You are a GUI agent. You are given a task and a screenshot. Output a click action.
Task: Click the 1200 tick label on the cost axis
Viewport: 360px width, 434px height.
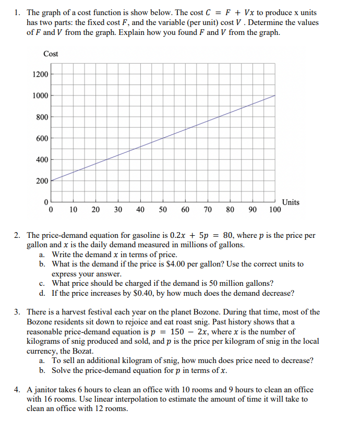41,74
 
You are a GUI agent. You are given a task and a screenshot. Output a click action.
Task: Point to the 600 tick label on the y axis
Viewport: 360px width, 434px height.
43,138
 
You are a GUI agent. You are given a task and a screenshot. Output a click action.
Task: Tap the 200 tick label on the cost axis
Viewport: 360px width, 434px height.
43,181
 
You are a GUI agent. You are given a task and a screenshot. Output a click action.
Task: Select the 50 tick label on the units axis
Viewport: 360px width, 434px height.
163,210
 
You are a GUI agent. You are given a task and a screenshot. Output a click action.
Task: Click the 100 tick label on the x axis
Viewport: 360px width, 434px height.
275,210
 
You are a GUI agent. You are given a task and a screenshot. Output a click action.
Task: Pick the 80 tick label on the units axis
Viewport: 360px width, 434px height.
230,210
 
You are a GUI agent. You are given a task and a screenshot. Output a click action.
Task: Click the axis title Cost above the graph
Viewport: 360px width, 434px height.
51,54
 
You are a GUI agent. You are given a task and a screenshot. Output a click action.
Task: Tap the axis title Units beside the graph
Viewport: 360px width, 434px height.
291,202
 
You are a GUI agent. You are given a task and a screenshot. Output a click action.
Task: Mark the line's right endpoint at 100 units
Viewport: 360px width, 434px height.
275,95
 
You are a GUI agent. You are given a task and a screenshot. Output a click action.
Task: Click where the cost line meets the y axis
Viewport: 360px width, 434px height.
51,180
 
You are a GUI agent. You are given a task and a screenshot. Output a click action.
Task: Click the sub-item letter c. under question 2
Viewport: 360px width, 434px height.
42,284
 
